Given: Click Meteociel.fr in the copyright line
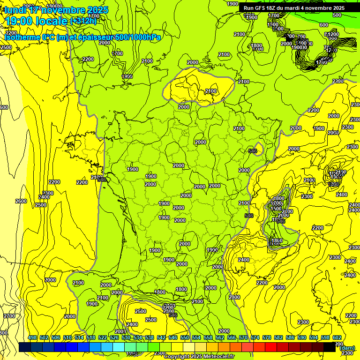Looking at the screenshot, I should tap(219, 357).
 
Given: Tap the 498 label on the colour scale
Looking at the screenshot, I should tap(32, 338).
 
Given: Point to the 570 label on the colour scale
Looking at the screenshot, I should tap(243, 338).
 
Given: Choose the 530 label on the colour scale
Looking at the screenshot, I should tap(126, 338).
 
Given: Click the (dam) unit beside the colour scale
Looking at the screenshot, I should tap(347, 348).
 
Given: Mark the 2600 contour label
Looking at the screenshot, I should tap(21, 201).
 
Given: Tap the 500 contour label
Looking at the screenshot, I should tap(337, 15).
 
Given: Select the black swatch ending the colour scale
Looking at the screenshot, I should tap(330, 347).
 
